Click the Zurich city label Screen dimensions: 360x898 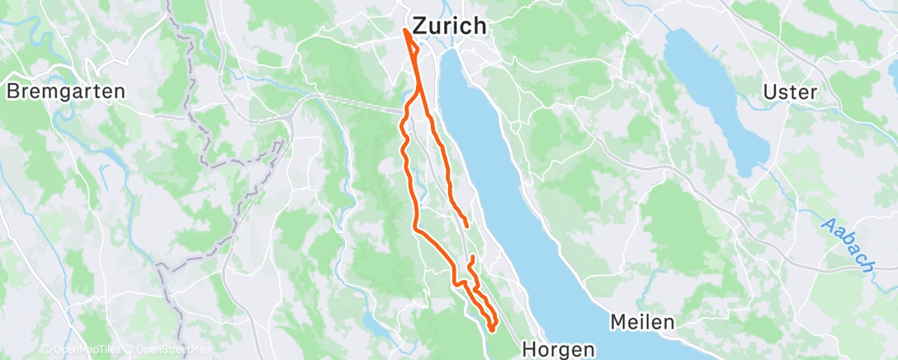[x=449, y=26]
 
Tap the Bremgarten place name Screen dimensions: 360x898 [x=65, y=91]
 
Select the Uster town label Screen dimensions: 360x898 [x=790, y=91]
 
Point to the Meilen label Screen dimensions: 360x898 [x=643, y=321]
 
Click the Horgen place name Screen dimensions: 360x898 [x=559, y=349]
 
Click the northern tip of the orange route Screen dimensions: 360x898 [x=406, y=30]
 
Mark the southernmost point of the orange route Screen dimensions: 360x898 [x=491, y=329]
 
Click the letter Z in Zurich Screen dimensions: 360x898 [x=420, y=26]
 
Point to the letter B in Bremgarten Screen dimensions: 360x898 [x=13, y=91]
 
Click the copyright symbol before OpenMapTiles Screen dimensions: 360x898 [x=46, y=350]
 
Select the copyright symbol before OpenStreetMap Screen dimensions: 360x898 [x=130, y=350]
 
